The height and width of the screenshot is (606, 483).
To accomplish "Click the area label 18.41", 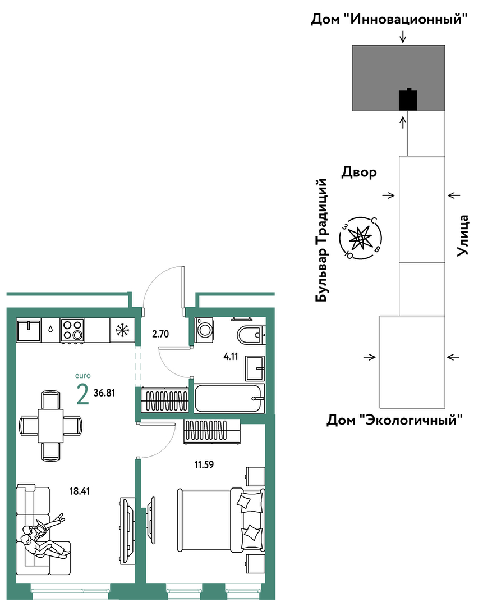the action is (x=80, y=491).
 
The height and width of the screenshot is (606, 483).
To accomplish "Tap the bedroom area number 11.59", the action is (x=204, y=464).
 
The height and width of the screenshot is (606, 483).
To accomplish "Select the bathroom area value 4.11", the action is (x=231, y=356).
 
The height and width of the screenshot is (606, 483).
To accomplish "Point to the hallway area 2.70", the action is (x=160, y=334).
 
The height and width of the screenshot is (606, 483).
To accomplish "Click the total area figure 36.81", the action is (x=104, y=393).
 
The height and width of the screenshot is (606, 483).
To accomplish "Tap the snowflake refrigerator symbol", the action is (x=122, y=330).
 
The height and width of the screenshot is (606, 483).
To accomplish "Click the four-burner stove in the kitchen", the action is (x=72, y=330).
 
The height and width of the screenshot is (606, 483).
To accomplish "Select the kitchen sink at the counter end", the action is (x=29, y=330).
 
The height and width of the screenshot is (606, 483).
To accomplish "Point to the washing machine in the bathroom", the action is (x=204, y=330).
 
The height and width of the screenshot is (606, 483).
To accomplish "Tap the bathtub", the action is (x=229, y=398).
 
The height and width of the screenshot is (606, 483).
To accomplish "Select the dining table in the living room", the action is (x=50, y=426).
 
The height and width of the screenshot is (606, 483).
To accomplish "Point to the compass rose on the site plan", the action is (x=360, y=238).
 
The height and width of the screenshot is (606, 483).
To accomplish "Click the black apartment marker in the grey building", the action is (x=408, y=99).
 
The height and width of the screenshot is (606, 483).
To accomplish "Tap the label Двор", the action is (x=358, y=172).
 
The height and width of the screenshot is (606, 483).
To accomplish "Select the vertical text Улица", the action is (x=463, y=235).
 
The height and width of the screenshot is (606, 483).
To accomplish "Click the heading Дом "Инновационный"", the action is (x=389, y=19).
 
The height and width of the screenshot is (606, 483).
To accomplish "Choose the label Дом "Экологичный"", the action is (x=394, y=420).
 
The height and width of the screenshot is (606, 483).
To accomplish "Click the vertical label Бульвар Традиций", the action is (x=321, y=240).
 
